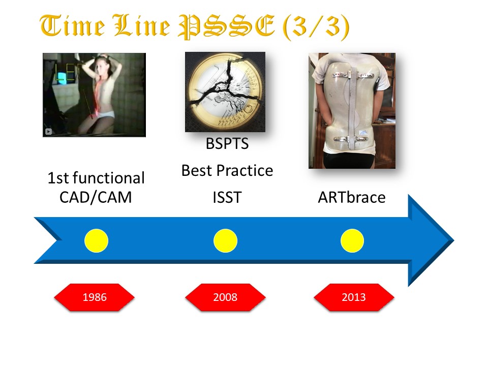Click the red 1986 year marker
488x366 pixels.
[95, 297]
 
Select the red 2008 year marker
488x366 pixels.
[225, 297]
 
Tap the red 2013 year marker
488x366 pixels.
[354, 297]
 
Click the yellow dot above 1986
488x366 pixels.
[97, 240]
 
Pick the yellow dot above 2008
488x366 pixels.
[225, 240]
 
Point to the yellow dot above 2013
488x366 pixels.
[352, 240]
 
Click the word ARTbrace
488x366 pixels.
[352, 197]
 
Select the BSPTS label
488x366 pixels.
[227, 144]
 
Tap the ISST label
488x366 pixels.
[227, 197]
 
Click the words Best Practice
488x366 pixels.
[227, 171]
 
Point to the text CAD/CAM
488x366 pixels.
[96, 197]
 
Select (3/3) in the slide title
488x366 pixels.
[316, 27]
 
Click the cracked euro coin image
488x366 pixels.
[225, 92]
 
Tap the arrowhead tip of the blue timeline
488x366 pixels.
[454, 240]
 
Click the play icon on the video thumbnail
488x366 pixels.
[48, 132]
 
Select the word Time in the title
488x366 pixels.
[72, 25]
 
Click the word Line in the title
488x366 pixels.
[142, 25]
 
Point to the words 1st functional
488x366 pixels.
[96, 178]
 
